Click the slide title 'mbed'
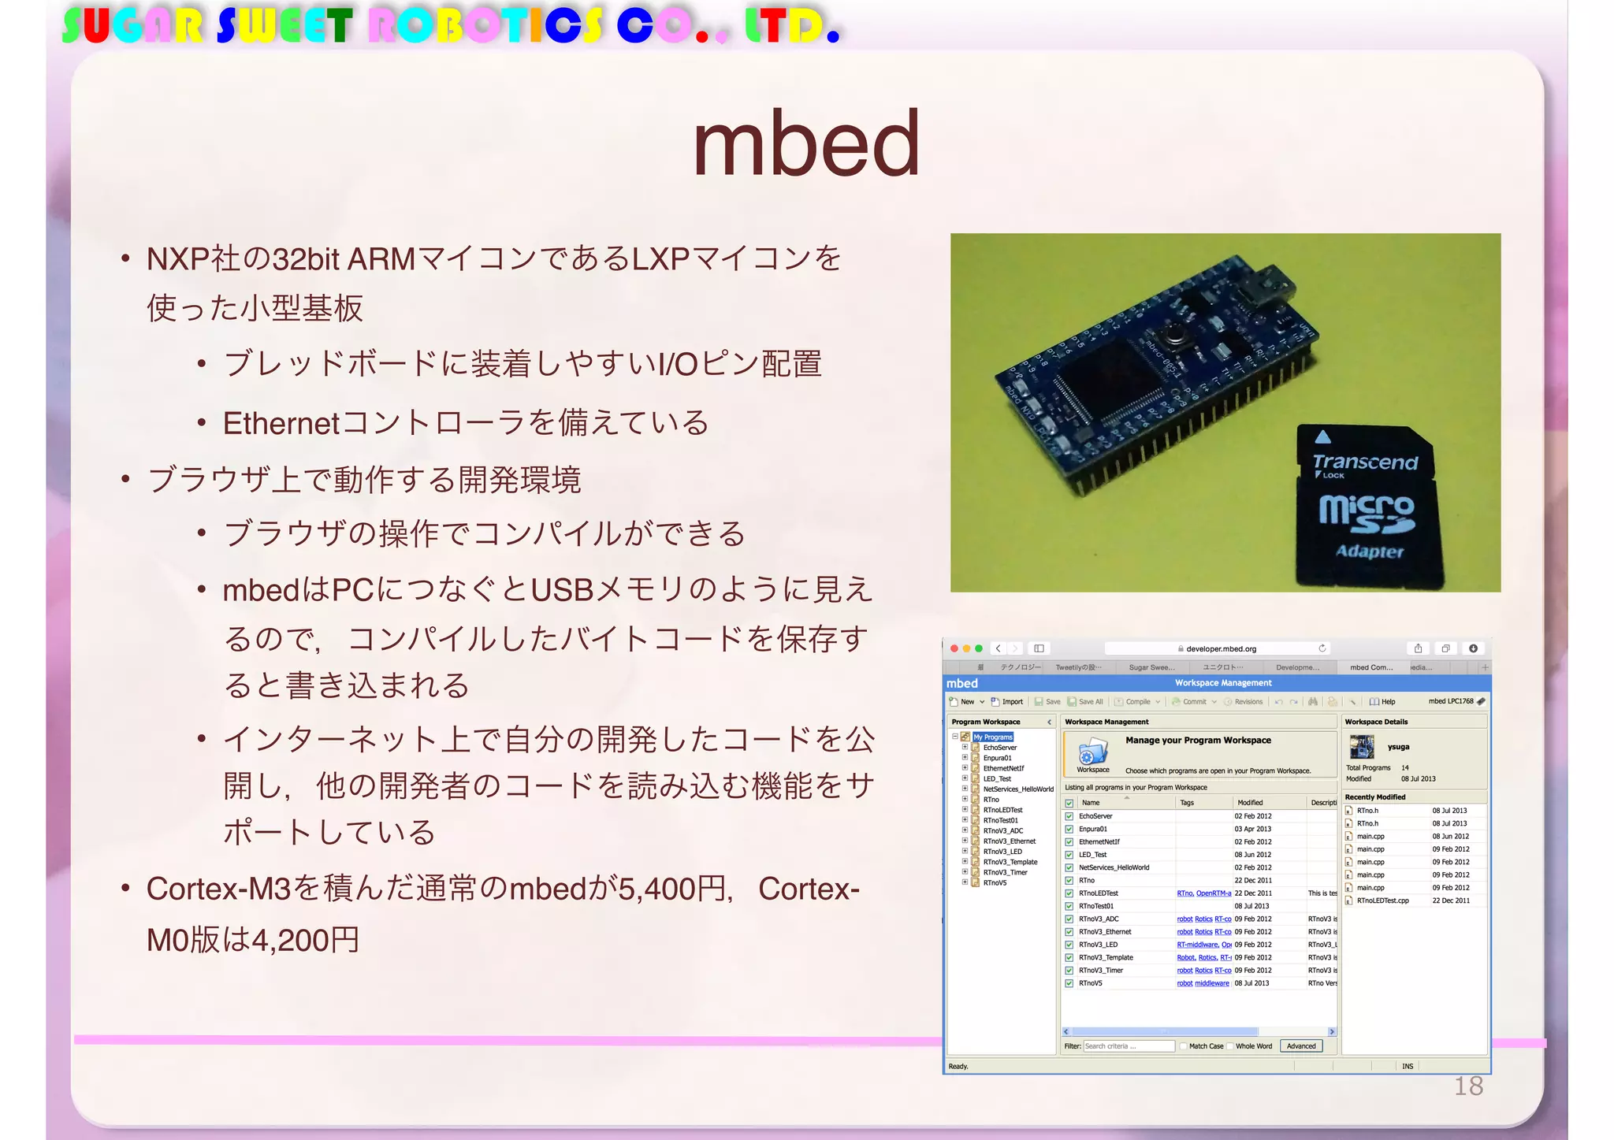coord(806,143)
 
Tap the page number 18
coord(1468,1086)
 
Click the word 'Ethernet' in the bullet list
coord(281,424)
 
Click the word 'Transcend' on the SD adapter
coord(1365,462)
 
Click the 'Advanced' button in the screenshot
coord(1301,1046)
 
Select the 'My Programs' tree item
coord(993,737)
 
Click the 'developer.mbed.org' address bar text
coord(1221,649)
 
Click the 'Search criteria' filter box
coord(1129,1046)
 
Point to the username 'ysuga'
coord(1398,747)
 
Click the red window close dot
coord(954,648)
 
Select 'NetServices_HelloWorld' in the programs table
coord(1114,867)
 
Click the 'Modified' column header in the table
coord(1250,803)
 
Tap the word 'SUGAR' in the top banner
coord(132,26)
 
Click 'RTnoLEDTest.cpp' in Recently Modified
coord(1382,900)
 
